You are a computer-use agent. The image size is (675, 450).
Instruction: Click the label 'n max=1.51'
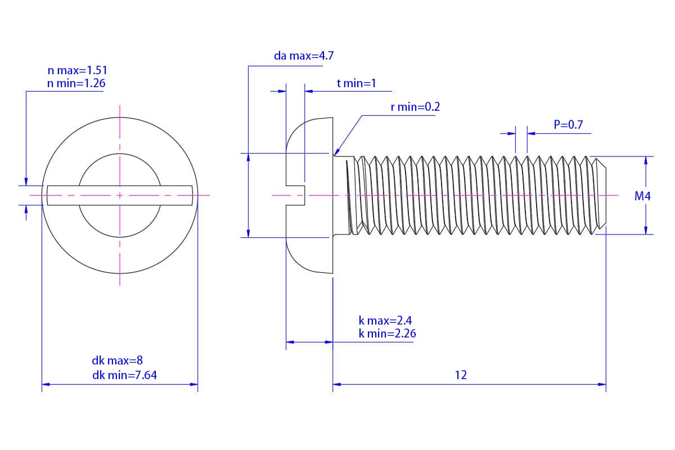point(77,71)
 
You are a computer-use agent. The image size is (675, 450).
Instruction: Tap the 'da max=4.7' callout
point(304,56)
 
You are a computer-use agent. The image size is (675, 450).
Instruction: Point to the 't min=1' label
point(356,84)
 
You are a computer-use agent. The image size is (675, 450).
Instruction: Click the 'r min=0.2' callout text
point(415,107)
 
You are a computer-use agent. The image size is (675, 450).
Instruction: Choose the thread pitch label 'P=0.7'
point(568,125)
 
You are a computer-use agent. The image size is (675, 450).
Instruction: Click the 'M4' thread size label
point(642,196)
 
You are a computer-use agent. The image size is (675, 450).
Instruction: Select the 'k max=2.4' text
point(385,321)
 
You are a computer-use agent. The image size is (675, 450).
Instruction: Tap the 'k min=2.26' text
point(388,334)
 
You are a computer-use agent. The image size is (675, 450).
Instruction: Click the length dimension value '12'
point(461,375)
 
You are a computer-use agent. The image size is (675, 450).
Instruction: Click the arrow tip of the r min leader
point(335,154)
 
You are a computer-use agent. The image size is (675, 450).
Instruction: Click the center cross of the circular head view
point(120,196)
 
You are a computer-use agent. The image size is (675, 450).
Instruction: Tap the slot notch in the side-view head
point(296,195)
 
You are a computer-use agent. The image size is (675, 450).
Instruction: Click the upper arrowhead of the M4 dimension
point(646,160)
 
